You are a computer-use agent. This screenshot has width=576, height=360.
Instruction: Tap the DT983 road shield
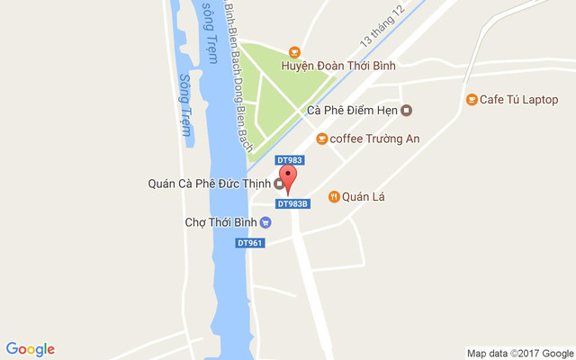[x=290, y=160]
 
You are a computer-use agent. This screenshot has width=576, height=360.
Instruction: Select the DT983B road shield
[x=293, y=203]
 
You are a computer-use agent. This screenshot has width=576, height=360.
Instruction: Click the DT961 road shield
[x=249, y=243]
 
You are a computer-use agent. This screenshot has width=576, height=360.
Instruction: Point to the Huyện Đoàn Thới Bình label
[x=338, y=66]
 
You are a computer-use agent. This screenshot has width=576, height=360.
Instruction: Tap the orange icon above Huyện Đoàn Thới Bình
[x=293, y=52]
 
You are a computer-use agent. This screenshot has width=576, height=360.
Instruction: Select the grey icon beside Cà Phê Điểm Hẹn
[x=406, y=111]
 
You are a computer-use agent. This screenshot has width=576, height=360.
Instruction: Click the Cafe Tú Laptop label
[x=519, y=99]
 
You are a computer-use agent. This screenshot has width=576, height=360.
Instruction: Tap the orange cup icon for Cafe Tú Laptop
[x=471, y=99]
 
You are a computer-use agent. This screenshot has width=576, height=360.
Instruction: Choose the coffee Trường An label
[x=374, y=139]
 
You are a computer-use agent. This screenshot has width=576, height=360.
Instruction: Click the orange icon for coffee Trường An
[x=321, y=139]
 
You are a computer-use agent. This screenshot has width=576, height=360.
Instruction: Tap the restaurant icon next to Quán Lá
[x=334, y=196]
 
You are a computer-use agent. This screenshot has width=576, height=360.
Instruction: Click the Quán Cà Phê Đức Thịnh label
[x=209, y=184]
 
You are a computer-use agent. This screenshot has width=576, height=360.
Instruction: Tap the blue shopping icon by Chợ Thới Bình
[x=266, y=221]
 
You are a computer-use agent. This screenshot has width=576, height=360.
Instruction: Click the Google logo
[x=30, y=349]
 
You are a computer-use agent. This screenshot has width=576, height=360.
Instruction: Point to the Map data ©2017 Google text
[x=519, y=353]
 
